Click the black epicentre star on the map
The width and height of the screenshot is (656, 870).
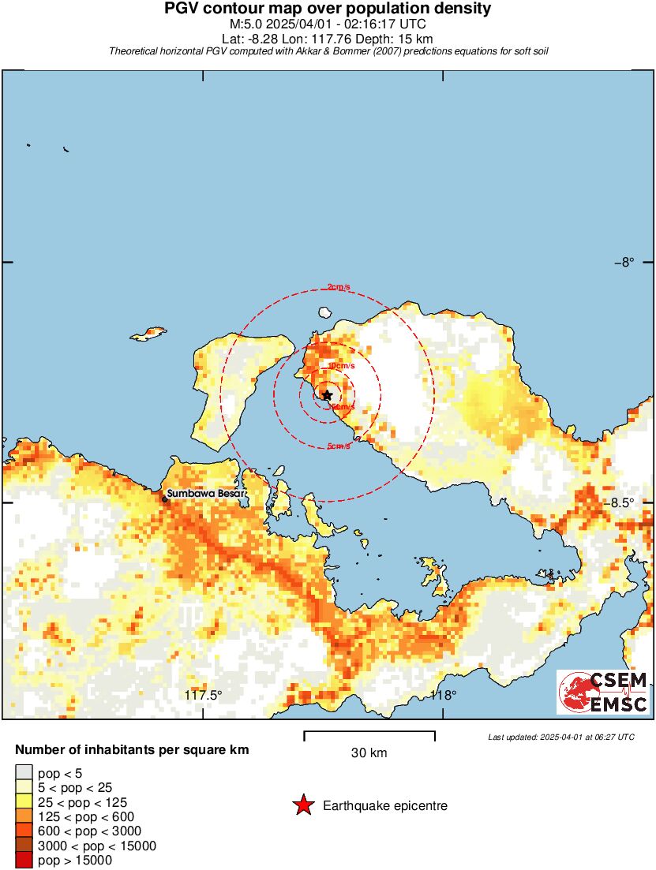327,395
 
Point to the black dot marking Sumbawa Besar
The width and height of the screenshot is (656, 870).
165,498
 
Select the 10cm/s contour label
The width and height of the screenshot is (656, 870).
342,366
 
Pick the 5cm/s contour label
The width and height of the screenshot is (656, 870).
339,446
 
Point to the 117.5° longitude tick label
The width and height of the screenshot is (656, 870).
204,695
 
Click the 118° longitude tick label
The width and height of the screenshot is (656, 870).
443,695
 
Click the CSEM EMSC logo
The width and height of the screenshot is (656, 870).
604,693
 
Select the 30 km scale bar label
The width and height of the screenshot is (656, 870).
369,753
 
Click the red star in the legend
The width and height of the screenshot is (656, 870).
302,805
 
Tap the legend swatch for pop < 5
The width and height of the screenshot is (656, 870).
24,772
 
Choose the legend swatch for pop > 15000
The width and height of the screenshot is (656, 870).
24,861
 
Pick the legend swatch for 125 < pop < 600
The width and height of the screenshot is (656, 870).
24,816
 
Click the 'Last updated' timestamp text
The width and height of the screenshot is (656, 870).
560,737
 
